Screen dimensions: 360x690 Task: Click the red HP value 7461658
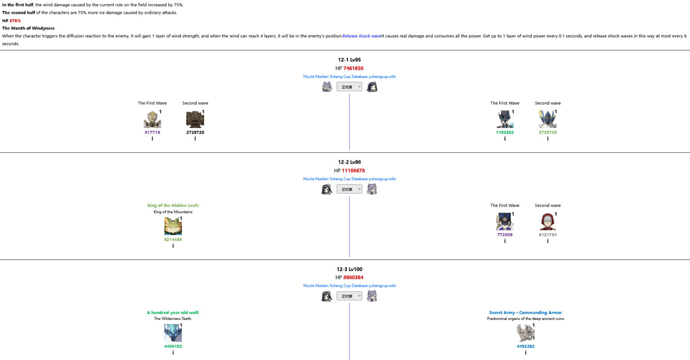353,68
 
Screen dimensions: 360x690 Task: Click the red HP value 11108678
353,171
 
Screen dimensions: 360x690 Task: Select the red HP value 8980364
353,277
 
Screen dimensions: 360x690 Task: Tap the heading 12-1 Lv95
349,60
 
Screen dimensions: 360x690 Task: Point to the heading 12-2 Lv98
349,162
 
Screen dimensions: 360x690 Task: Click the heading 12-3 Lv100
349,269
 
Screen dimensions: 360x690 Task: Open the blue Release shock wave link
362,36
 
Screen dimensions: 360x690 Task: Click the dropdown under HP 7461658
349,87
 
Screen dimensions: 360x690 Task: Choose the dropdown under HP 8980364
349,296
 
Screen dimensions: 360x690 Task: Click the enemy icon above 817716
152,120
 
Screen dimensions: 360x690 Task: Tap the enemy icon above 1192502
505,120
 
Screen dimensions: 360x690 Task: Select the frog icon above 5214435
173,226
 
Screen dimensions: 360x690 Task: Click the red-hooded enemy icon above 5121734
548,222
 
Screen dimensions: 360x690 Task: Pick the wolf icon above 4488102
173,333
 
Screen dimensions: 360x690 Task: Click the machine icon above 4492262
526,333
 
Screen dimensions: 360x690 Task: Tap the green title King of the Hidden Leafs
173,205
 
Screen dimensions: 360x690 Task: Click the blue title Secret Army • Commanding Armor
526,312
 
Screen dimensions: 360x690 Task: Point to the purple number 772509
505,235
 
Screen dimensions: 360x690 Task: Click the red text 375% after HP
15,21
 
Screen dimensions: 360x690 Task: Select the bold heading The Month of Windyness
28,28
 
